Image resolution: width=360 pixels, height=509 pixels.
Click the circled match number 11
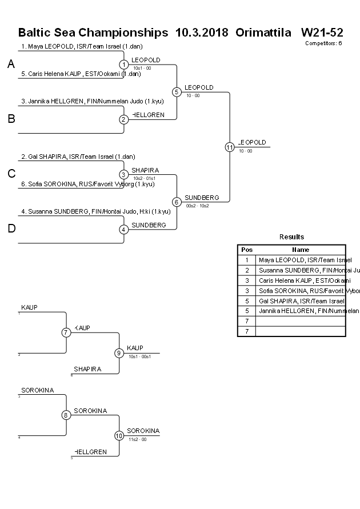(x=229, y=147)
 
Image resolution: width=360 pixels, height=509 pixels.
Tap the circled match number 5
(x=177, y=91)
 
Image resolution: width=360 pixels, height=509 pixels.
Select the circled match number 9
(x=119, y=353)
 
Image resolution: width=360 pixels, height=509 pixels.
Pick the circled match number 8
(x=66, y=415)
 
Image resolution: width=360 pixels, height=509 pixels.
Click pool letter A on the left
(x=11, y=65)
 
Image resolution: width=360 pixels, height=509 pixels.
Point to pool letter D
(x=11, y=229)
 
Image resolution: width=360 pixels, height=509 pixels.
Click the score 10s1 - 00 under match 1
(x=142, y=68)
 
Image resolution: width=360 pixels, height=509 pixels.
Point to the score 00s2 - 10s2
(x=197, y=206)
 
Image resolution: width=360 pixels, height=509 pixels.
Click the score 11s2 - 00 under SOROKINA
(x=138, y=439)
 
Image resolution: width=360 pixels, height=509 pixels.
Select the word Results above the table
(x=291, y=237)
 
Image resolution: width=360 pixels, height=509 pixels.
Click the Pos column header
(x=247, y=250)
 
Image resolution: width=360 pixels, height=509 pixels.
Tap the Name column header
(x=301, y=250)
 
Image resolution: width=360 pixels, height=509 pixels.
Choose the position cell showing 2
(x=247, y=270)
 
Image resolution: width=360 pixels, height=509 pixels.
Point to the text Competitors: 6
(x=323, y=43)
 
